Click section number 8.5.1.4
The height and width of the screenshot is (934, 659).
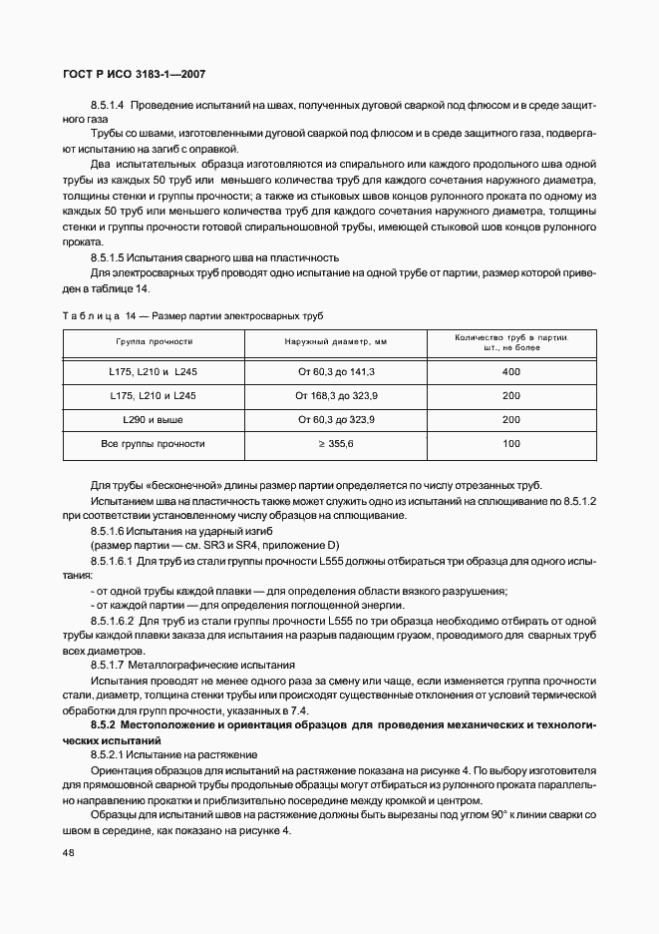(x=107, y=105)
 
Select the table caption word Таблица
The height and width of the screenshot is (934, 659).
(x=91, y=316)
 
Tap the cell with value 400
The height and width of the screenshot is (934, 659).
(x=511, y=371)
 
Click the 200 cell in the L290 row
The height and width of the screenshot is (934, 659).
(x=511, y=419)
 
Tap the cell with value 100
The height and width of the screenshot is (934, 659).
(x=511, y=443)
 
